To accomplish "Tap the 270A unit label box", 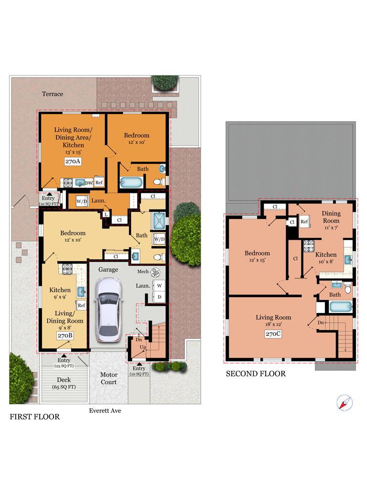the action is pyautogui.click(x=73, y=161).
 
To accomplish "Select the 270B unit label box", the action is pyautogui.click(x=65, y=335).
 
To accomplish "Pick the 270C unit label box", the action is pyautogui.click(x=273, y=334).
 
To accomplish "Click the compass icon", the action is pyautogui.click(x=345, y=402).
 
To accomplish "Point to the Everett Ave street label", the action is pyautogui.click(x=105, y=411).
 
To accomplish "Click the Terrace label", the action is pyautogui.click(x=53, y=94).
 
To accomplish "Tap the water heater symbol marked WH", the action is pyautogui.click(x=155, y=273).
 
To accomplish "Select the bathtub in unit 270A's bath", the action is pyautogui.click(x=131, y=182).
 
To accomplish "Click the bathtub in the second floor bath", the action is pyautogui.click(x=341, y=307).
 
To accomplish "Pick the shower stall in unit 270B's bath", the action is pyautogui.click(x=159, y=221).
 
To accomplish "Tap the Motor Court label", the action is pyautogui.click(x=108, y=378).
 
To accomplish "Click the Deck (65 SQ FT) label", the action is pyautogui.click(x=64, y=383).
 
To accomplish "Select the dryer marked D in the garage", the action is pyautogui.click(x=159, y=297).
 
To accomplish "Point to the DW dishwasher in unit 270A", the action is pyautogui.click(x=89, y=183).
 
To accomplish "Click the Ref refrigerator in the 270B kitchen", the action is pyautogui.click(x=81, y=305).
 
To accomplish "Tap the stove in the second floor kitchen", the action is pyautogui.click(x=309, y=245).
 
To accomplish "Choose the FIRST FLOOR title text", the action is pyautogui.click(x=34, y=417).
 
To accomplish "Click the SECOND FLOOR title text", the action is pyautogui.click(x=256, y=374).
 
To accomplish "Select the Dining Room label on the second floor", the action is pyautogui.click(x=331, y=217).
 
